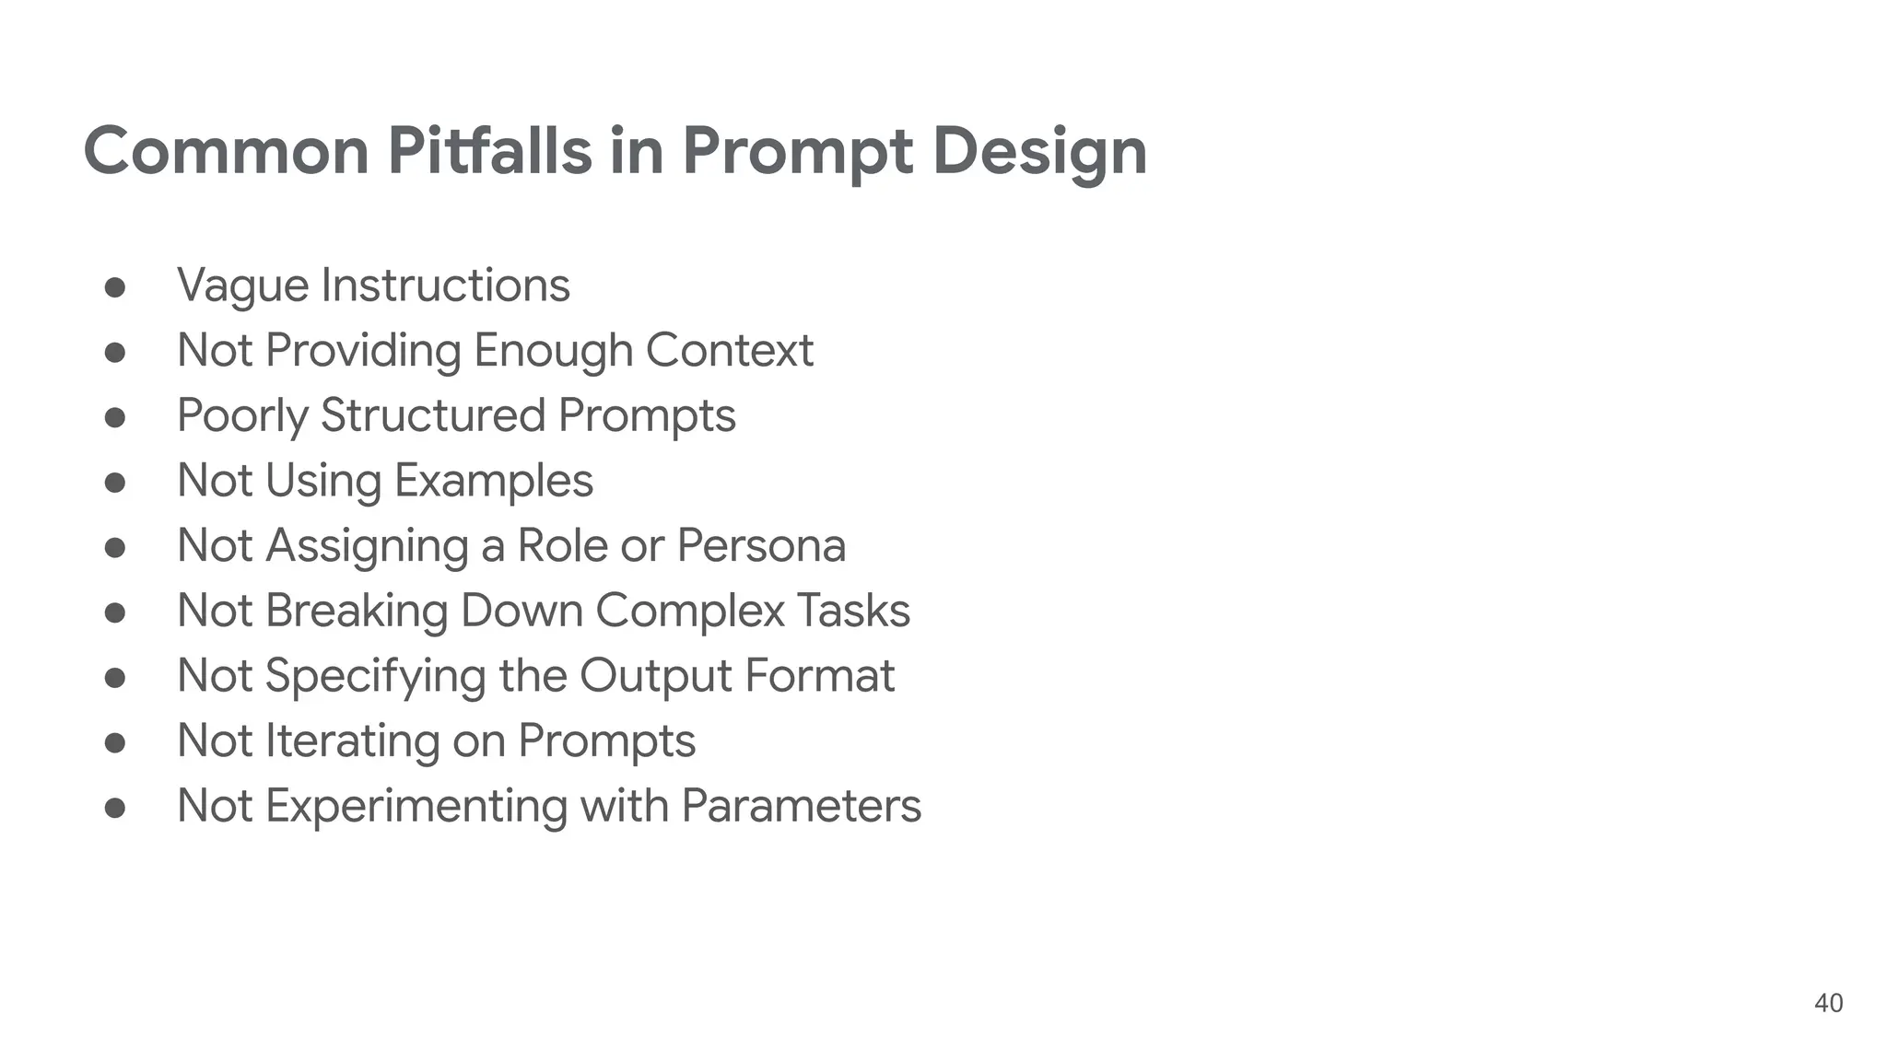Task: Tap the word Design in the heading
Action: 1039,152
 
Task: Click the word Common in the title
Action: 226,150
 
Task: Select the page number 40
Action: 1828,1003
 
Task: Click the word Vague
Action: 242,286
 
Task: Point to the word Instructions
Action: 445,285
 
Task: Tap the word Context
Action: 729,350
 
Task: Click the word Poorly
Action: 242,416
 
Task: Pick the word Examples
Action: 493,481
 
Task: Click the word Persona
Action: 761,545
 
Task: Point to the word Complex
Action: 689,611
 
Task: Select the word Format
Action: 819,676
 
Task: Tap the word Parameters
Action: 801,806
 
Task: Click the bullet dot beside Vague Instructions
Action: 115,287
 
